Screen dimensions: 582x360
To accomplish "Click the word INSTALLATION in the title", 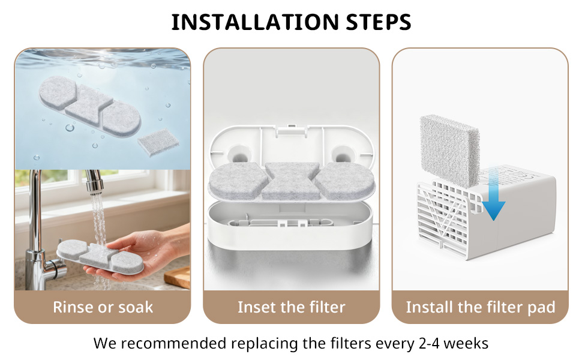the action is pos(255,22).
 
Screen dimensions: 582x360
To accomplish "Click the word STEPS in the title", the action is pos(379,22).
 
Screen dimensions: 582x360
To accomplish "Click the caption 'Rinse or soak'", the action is pos(103,307).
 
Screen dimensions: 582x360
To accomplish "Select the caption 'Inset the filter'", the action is pos(292,307).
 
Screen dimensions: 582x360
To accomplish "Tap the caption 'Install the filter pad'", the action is pos(480,307).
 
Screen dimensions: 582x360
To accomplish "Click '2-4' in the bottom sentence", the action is pos(429,343).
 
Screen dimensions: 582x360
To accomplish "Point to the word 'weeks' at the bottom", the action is pos(466,343).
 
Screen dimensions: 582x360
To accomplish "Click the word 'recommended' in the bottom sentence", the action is pos(174,343).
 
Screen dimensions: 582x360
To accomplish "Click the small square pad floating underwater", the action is pos(158,142).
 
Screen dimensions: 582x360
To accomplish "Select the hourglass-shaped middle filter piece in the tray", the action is pos(291,180).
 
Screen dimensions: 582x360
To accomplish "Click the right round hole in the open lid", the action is pos(342,154).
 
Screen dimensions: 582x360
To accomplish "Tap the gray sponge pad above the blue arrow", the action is pos(449,151).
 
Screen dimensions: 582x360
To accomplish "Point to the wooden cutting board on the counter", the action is pos(178,277).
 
